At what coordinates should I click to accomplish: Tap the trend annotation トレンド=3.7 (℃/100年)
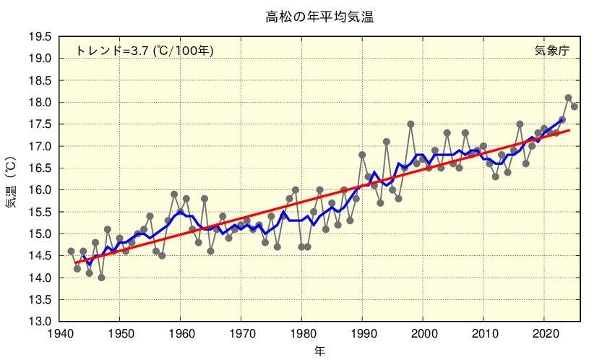(145, 51)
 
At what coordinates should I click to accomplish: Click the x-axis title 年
(319, 351)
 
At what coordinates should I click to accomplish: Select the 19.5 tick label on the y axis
(40, 37)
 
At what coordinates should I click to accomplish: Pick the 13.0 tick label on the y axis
(40, 322)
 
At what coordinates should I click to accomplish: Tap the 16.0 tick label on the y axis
(40, 190)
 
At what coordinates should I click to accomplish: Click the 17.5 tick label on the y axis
(40, 124)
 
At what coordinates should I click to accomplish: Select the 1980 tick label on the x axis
(301, 334)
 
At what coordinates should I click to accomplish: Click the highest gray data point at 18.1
(568, 98)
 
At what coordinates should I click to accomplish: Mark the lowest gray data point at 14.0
(101, 278)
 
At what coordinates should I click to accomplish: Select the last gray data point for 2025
(575, 107)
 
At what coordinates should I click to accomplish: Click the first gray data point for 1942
(71, 252)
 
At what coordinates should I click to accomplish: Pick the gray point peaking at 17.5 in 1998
(410, 124)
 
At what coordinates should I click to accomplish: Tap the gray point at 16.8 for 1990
(362, 155)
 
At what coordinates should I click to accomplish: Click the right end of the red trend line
(569, 130)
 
